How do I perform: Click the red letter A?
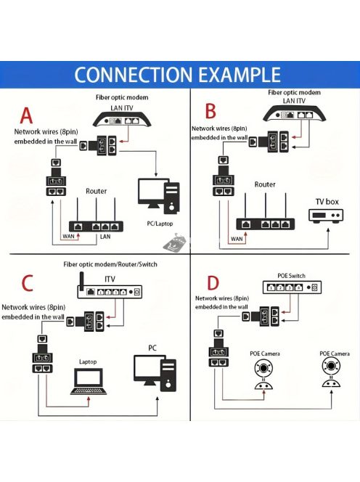pos(27,115)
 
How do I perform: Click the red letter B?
pos(210,110)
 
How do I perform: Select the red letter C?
pos(27,283)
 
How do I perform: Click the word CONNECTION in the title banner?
pos(131,75)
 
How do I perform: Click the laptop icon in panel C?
pos(88,381)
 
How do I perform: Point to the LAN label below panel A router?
pos(105,237)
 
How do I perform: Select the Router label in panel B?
pos(265,184)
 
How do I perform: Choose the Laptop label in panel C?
pos(88,361)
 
